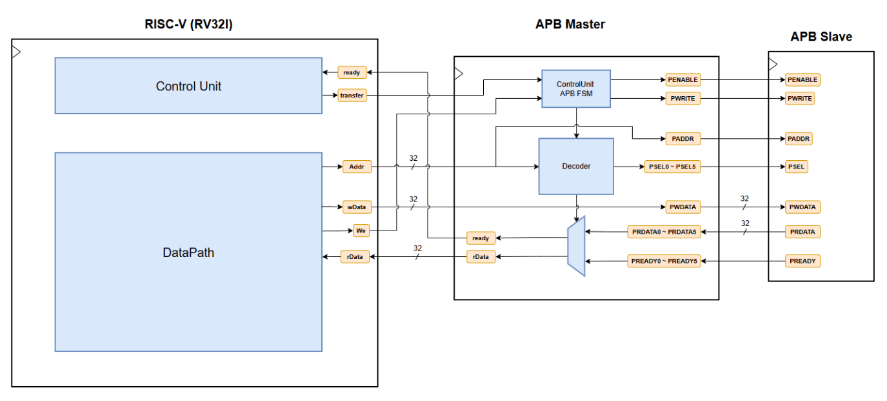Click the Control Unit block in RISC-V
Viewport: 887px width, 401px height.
click(x=188, y=86)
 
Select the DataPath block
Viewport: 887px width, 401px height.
click(x=188, y=252)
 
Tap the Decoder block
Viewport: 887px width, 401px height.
click(x=576, y=166)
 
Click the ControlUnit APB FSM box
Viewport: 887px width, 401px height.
click(x=576, y=88)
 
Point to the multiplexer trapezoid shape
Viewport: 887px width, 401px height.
click(x=576, y=246)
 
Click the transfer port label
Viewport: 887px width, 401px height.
click(x=352, y=96)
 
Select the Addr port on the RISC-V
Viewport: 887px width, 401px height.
click(x=357, y=167)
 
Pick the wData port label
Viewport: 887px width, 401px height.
click(x=356, y=207)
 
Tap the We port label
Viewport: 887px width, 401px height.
click(x=361, y=231)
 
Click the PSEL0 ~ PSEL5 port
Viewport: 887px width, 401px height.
click(x=672, y=167)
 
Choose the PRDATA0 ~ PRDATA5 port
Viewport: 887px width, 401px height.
click(x=664, y=231)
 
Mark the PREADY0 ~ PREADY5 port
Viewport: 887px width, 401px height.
click(x=664, y=262)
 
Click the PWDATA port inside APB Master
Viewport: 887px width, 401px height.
click(x=683, y=207)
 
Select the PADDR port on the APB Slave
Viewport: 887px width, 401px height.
click(x=798, y=139)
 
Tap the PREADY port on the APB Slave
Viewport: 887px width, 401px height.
click(x=802, y=262)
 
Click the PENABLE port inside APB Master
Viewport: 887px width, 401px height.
click(x=683, y=80)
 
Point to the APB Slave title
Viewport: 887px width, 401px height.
click(x=821, y=37)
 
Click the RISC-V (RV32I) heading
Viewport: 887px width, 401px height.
click(x=188, y=25)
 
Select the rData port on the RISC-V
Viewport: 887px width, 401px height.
click(x=355, y=257)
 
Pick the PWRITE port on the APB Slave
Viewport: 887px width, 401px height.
click(x=800, y=98)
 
